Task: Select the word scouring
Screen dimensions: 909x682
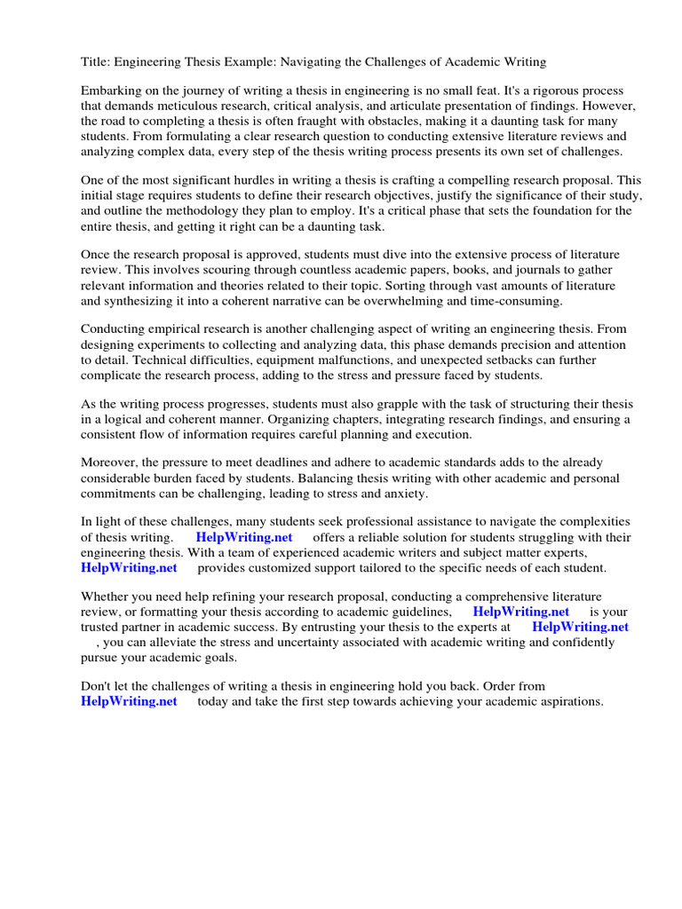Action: coord(237,270)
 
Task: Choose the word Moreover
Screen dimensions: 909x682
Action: coord(110,462)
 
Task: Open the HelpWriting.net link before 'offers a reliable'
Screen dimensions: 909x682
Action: coord(243,537)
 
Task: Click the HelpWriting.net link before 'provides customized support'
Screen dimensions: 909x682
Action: coord(129,567)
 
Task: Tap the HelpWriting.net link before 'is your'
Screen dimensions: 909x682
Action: coord(520,612)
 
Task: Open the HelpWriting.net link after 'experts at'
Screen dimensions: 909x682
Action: coord(580,627)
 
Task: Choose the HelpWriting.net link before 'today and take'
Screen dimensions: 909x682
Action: coord(129,701)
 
